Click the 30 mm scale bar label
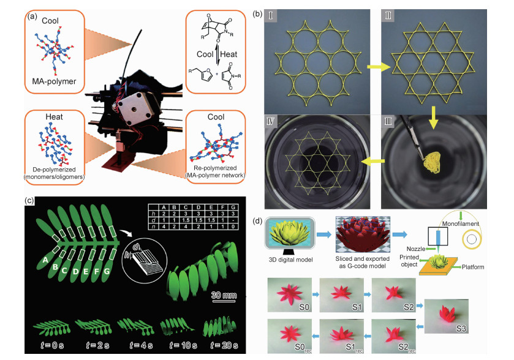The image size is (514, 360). pyautogui.click(x=224, y=295)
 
